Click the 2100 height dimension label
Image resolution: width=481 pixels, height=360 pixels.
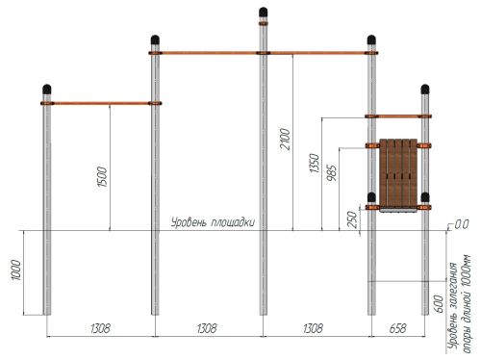pyautogui.click(x=285, y=139)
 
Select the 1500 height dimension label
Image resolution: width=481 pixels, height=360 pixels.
pyautogui.click(x=102, y=177)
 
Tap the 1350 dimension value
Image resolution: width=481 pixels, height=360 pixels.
pyautogui.click(x=315, y=164)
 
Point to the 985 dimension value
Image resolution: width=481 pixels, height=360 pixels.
pyautogui.click(x=332, y=173)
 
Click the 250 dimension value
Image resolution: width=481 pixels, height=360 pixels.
pyautogui.click(x=352, y=219)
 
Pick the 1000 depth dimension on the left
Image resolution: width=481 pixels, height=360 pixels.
pyautogui.click(x=16, y=270)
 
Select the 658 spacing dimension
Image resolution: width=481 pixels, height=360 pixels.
pyautogui.click(x=398, y=328)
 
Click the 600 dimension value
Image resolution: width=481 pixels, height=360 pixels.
pyautogui.click(x=439, y=304)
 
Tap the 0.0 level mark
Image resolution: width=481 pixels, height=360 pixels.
pyautogui.click(x=462, y=224)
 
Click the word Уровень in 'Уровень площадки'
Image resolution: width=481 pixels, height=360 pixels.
pyautogui.click(x=188, y=222)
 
